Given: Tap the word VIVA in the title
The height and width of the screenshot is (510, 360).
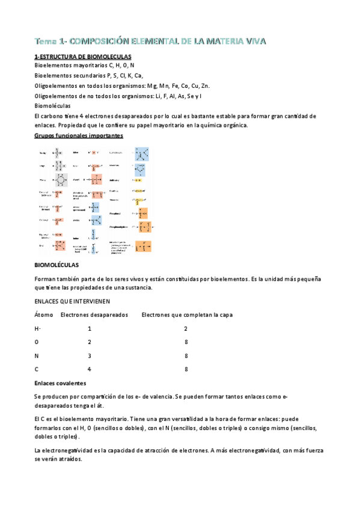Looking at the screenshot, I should pos(252,41).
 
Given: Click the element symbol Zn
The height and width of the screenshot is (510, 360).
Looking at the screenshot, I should pos(205,85).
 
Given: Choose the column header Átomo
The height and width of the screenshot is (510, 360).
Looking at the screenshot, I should pos(44,315).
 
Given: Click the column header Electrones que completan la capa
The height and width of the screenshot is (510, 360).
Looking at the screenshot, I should pos(187,315).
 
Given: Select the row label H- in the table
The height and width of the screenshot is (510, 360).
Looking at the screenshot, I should pos(38,328).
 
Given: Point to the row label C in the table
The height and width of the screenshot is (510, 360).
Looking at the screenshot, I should pos(37,369).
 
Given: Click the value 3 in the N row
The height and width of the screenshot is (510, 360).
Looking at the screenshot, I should pos(90,355).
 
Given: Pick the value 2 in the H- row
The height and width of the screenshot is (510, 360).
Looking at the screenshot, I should pos(186,328).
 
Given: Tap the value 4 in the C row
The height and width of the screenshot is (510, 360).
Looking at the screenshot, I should pos(90,369).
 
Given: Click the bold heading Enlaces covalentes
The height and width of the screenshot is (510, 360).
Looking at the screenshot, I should pos(61,383).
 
